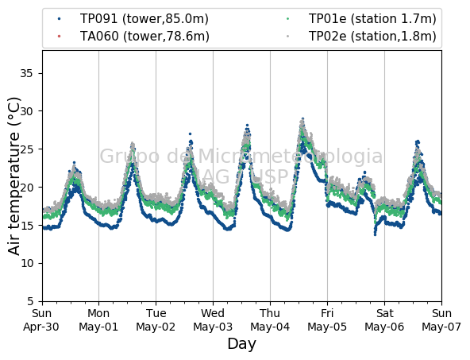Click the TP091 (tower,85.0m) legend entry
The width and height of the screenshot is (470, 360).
coord(133,19)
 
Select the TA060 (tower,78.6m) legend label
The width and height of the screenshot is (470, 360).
coord(133,37)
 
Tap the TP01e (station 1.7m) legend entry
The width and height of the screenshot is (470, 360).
coord(361,19)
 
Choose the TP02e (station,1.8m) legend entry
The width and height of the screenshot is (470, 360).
coord(361,37)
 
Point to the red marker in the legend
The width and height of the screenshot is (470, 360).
coord(59,37)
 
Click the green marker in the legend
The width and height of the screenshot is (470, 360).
coord(287,19)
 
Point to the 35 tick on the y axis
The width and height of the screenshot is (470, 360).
coord(26,73)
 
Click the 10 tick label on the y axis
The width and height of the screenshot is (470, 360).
coord(26,263)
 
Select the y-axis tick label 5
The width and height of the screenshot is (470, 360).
coord(30,301)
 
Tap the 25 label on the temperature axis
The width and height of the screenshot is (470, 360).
coord(26,149)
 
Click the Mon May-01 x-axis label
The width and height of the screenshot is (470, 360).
coord(98,319)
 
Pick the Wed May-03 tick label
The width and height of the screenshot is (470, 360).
coord(213,319)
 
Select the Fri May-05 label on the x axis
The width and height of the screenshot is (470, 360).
coord(327,319)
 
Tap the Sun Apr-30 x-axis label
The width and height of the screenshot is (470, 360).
coord(41,319)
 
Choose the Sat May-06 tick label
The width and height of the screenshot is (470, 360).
coord(384,319)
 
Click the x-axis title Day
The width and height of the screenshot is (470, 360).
coord(242,344)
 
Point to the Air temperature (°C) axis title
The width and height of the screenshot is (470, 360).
coord(13,176)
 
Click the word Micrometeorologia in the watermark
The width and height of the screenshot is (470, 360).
coord(290,157)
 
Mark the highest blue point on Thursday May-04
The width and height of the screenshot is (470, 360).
coord(302,119)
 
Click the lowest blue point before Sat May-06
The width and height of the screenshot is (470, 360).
coord(375,234)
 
